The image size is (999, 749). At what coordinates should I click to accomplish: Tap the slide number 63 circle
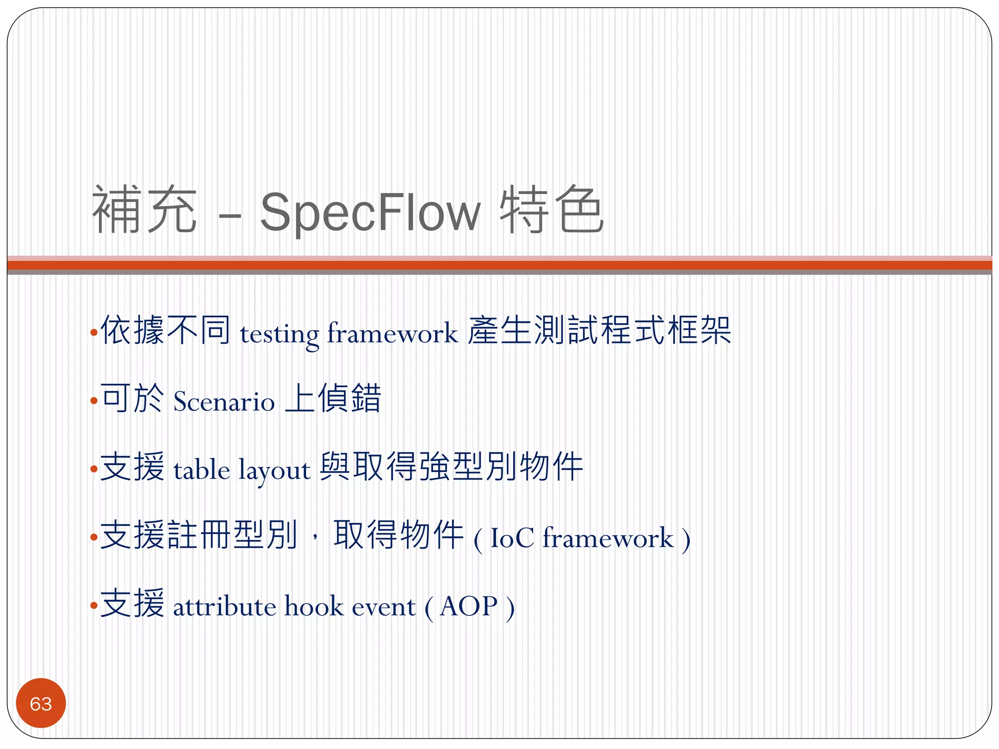pos(41,703)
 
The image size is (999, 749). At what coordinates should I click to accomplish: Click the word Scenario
pos(224,402)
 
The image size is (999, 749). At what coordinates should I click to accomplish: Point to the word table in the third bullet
pos(201,470)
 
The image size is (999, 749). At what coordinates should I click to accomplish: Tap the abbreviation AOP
pos(468,607)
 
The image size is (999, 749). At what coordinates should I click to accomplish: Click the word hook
pos(314,607)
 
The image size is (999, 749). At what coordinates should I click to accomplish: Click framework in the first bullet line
pos(393,334)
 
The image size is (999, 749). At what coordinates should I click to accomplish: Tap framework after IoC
pos(608,538)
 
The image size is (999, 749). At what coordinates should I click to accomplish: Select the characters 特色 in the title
pos(552,210)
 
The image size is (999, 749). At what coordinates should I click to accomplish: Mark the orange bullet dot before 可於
pos(94,402)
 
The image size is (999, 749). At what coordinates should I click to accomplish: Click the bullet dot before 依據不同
pos(94,334)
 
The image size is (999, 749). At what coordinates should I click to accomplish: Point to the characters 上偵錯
pos(333,399)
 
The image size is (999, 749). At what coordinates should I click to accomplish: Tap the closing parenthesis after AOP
pos(510,608)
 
